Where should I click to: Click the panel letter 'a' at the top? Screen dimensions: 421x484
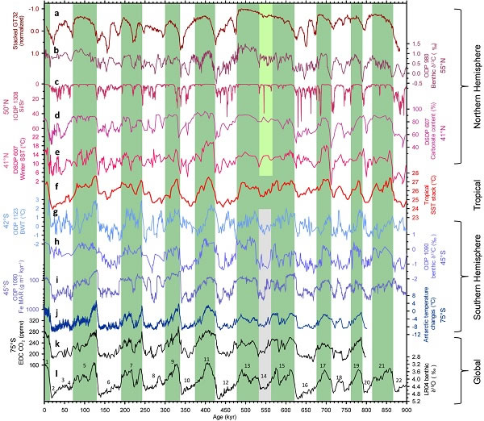tap(56, 15)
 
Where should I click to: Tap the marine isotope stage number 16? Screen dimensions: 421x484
tap(305, 386)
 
